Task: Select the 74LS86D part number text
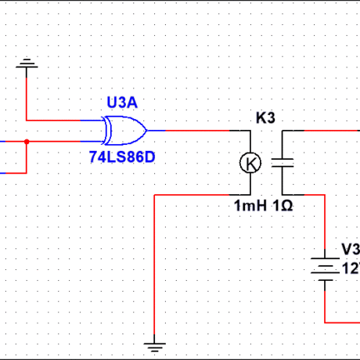coord(122,157)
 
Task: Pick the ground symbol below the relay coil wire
coord(156,342)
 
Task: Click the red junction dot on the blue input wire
coord(27,142)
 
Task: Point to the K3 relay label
coord(266,118)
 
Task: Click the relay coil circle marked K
coord(250,163)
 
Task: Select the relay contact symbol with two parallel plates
coord(282,163)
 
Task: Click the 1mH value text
coord(250,205)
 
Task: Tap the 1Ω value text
coord(283,205)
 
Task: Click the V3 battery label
coord(349,248)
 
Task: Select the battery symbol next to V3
coord(323,267)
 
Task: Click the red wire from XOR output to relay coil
coord(203,130)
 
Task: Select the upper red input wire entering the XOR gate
coord(63,121)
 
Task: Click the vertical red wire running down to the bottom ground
coord(156,266)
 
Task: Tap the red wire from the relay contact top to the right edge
coord(321,130)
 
